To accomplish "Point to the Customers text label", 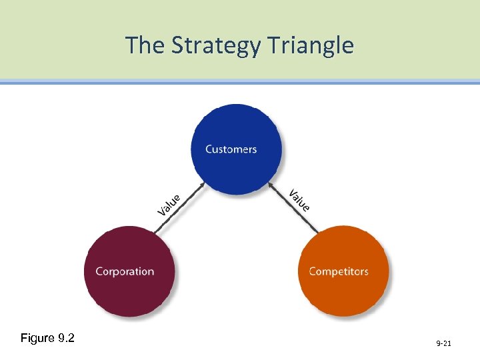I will pyautogui.click(x=231, y=149).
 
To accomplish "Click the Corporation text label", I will pyautogui.click(x=125, y=271).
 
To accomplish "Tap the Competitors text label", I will pyautogui.click(x=339, y=271).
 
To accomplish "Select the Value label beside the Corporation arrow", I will pyautogui.click(x=169, y=204).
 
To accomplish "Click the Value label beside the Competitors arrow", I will pyautogui.click(x=299, y=201).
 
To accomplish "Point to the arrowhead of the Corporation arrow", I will pyautogui.click(x=201, y=187).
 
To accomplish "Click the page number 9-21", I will pyautogui.click(x=443, y=343).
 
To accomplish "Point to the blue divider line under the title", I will pyautogui.click(x=240, y=82).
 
